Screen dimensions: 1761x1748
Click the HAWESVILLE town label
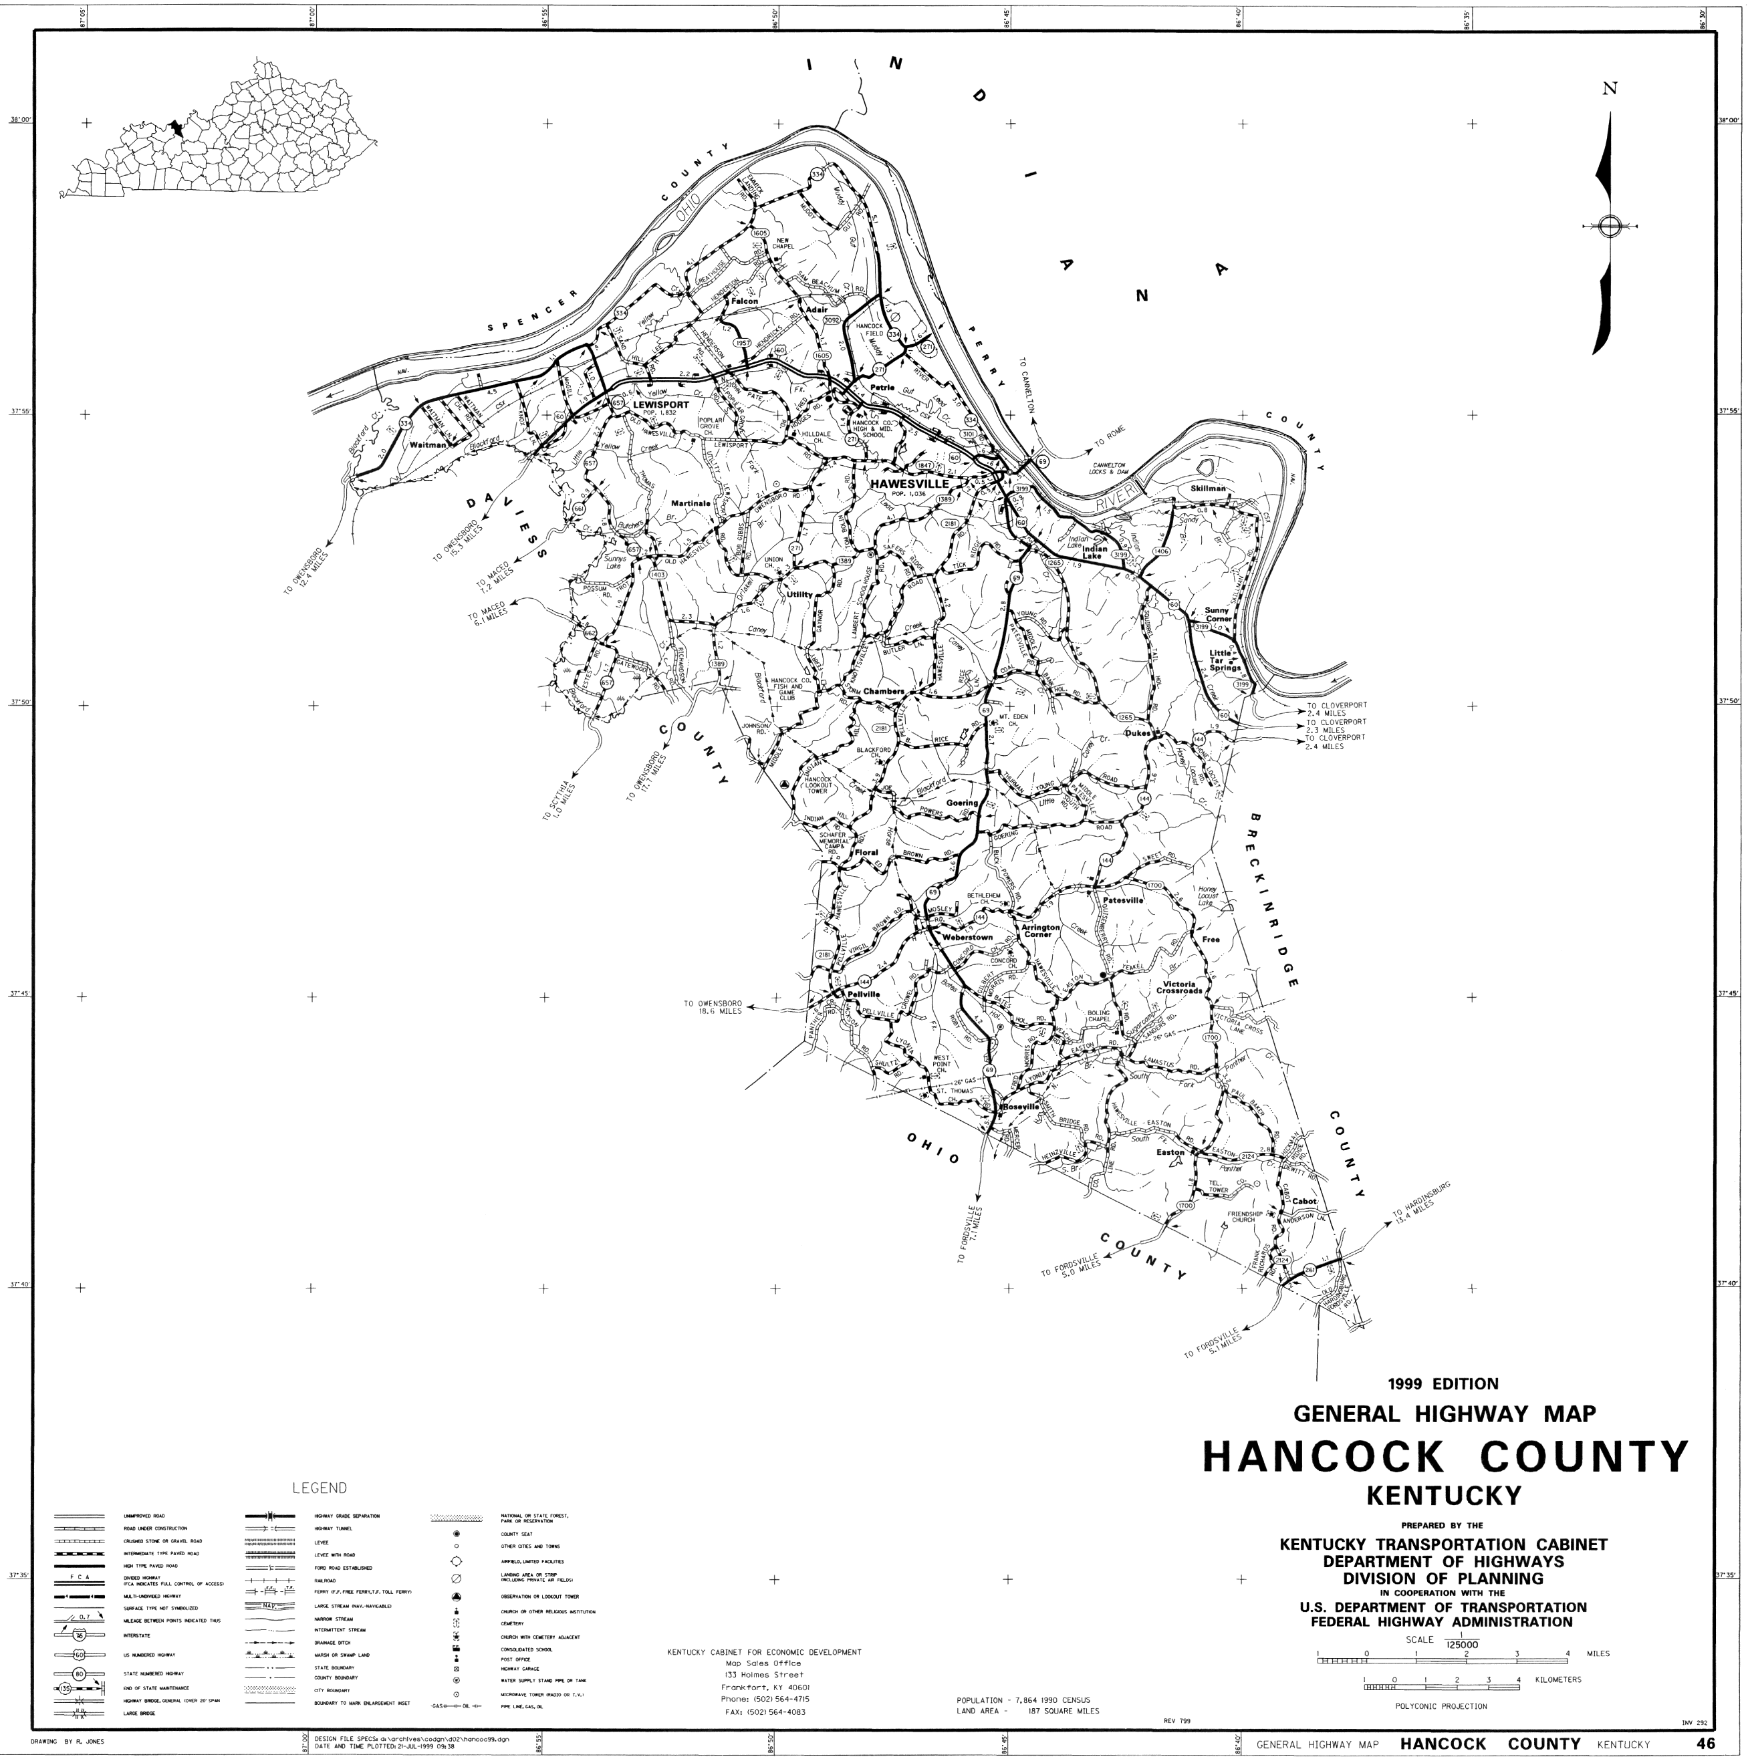coord(908,483)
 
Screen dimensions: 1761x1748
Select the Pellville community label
coord(862,994)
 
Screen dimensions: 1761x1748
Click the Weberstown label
coord(967,937)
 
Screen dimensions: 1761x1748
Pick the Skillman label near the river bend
coord(1208,489)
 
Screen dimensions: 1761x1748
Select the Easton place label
coord(1170,1152)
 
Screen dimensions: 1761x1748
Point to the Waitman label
coord(428,445)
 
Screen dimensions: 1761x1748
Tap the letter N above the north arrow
coord(1610,88)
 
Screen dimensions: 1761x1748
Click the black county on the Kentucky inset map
coord(176,128)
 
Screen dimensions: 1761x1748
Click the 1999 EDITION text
coord(1443,1383)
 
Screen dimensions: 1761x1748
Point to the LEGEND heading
coord(319,1488)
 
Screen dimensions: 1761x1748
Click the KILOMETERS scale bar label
coord(1558,1679)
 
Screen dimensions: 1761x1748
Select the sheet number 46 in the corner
coord(1705,1744)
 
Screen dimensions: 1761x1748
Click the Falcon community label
coord(744,301)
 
